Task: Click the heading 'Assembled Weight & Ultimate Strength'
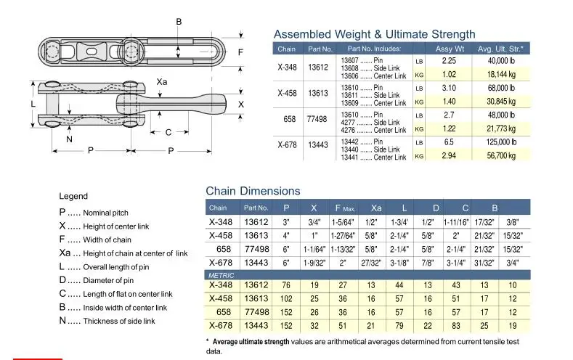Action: point(375,34)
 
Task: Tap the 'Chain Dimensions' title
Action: point(253,191)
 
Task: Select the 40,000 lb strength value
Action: point(501,61)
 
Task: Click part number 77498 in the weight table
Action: point(317,119)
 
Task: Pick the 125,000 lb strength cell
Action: point(501,142)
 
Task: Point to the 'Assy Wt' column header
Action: point(450,49)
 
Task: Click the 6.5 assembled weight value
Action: point(449,142)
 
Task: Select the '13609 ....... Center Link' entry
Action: point(373,103)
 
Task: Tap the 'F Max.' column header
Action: point(345,208)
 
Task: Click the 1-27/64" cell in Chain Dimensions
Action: point(342,236)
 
